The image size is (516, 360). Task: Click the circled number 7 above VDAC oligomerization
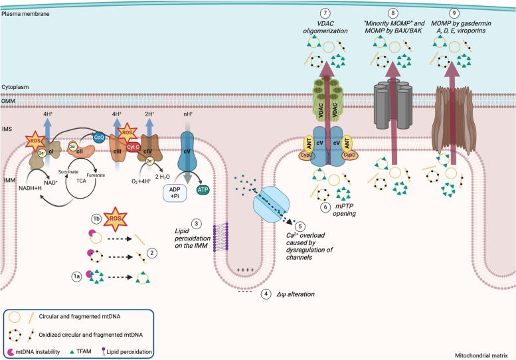(325, 13)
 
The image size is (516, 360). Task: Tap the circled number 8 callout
(392, 13)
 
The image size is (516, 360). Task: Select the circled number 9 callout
(454, 13)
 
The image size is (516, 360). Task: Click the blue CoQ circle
(99, 137)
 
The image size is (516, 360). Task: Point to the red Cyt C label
(133, 147)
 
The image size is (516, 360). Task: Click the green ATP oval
(203, 189)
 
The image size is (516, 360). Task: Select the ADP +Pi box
(175, 193)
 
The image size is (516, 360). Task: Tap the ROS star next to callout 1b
(115, 219)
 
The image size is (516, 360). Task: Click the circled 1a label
(76, 276)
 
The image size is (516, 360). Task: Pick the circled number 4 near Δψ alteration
(266, 294)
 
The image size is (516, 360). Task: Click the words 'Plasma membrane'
(25, 14)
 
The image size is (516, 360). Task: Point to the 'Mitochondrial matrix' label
(481, 355)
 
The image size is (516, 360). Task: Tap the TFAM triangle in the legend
(72, 352)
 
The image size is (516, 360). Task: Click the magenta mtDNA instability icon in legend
(11, 352)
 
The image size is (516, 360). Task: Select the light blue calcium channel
(271, 205)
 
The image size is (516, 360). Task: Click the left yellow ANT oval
(308, 143)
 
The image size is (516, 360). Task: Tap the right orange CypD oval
(349, 155)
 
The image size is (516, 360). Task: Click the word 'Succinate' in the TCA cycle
(68, 172)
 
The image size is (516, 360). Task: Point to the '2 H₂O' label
(162, 177)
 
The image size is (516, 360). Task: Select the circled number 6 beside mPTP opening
(325, 207)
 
